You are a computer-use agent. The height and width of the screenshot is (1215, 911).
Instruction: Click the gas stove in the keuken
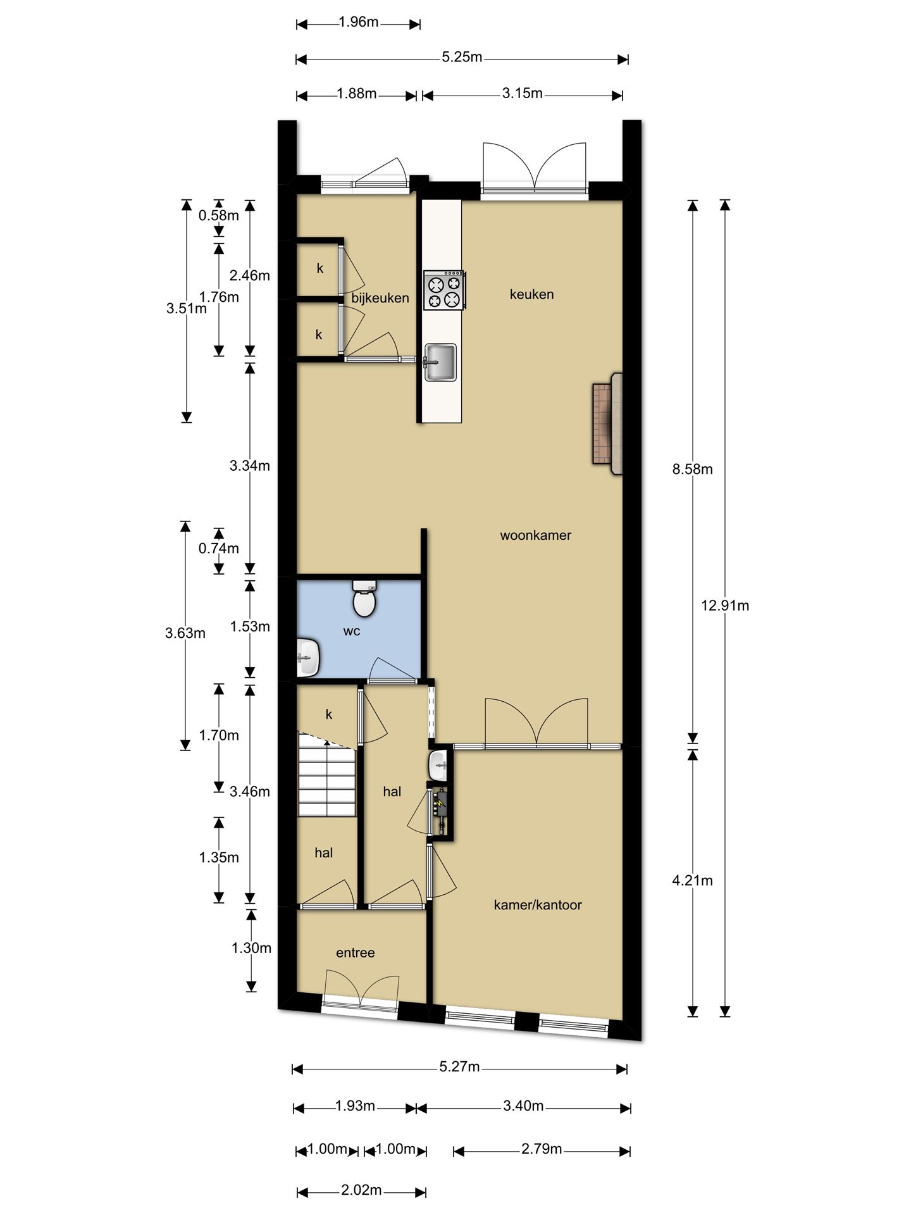point(445,290)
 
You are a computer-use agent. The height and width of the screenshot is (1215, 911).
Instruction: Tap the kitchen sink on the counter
point(440,363)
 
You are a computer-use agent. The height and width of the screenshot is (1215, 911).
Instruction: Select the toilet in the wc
point(364,599)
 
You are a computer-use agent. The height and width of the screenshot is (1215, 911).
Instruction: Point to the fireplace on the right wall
point(607,423)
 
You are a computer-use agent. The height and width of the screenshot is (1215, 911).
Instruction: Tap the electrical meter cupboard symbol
point(440,810)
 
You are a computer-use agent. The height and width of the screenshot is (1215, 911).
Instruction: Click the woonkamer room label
point(536,535)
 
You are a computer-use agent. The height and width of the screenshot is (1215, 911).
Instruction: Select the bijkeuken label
point(380,298)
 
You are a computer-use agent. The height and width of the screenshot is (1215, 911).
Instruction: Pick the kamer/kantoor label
point(538,905)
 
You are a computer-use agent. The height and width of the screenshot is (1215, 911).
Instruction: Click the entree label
point(356,953)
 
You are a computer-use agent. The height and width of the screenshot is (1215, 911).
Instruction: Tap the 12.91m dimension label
point(725,606)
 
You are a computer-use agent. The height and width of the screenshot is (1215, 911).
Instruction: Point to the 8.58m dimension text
point(693,470)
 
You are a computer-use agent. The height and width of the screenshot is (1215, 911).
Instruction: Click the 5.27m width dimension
point(460,1068)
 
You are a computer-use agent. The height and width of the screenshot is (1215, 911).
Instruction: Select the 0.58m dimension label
point(219,215)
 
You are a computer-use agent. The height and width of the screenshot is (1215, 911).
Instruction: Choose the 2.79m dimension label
point(542,1149)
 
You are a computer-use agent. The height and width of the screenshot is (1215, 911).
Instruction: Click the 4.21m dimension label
point(693,881)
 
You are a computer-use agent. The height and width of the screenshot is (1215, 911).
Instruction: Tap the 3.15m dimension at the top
point(523,94)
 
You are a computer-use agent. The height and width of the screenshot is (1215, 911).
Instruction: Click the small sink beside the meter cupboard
point(438,766)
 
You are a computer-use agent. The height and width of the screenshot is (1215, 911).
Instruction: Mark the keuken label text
point(532,294)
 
